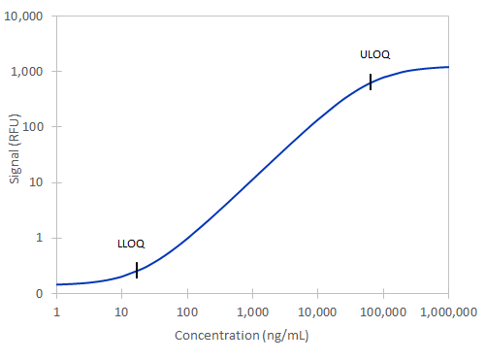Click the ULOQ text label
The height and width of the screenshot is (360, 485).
(374, 54)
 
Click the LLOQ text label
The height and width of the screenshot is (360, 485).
(131, 244)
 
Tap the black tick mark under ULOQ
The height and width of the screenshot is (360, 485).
(371, 82)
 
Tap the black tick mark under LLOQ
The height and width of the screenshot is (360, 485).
(137, 270)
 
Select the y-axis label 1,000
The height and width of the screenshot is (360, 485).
(31, 72)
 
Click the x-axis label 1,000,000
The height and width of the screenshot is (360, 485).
(447, 312)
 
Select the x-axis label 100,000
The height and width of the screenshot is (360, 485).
(383, 312)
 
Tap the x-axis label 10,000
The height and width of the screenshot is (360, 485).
(318, 312)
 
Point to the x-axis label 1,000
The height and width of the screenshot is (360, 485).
(252, 312)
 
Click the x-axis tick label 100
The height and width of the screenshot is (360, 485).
(187, 312)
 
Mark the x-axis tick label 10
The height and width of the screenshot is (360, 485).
(121, 312)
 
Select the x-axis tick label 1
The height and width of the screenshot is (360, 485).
(57, 312)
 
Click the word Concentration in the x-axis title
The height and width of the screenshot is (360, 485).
(214, 336)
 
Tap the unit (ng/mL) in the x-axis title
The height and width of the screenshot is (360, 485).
(282, 336)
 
